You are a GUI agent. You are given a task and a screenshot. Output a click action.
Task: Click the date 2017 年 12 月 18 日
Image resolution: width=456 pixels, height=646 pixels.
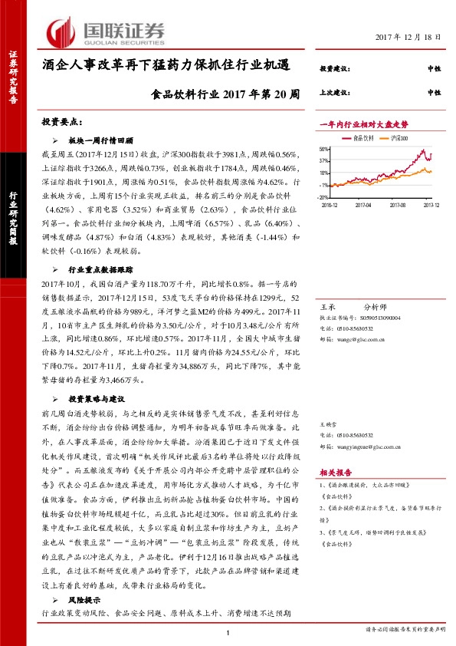coord(408,38)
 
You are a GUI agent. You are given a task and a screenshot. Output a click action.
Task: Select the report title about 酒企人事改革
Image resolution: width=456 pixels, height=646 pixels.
coord(166,66)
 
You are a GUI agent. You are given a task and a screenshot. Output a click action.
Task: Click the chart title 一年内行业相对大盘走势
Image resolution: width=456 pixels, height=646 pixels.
coord(363,124)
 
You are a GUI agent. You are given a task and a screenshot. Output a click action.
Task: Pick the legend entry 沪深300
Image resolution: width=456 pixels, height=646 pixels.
coord(399,138)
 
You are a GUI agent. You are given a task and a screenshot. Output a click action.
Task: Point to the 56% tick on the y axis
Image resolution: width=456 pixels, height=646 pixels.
coord(325,150)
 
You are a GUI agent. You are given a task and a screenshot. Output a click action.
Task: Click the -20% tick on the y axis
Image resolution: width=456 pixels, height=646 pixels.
coord(324,197)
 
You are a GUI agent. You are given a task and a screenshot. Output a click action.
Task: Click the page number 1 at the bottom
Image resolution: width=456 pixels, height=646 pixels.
coord(228,631)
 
